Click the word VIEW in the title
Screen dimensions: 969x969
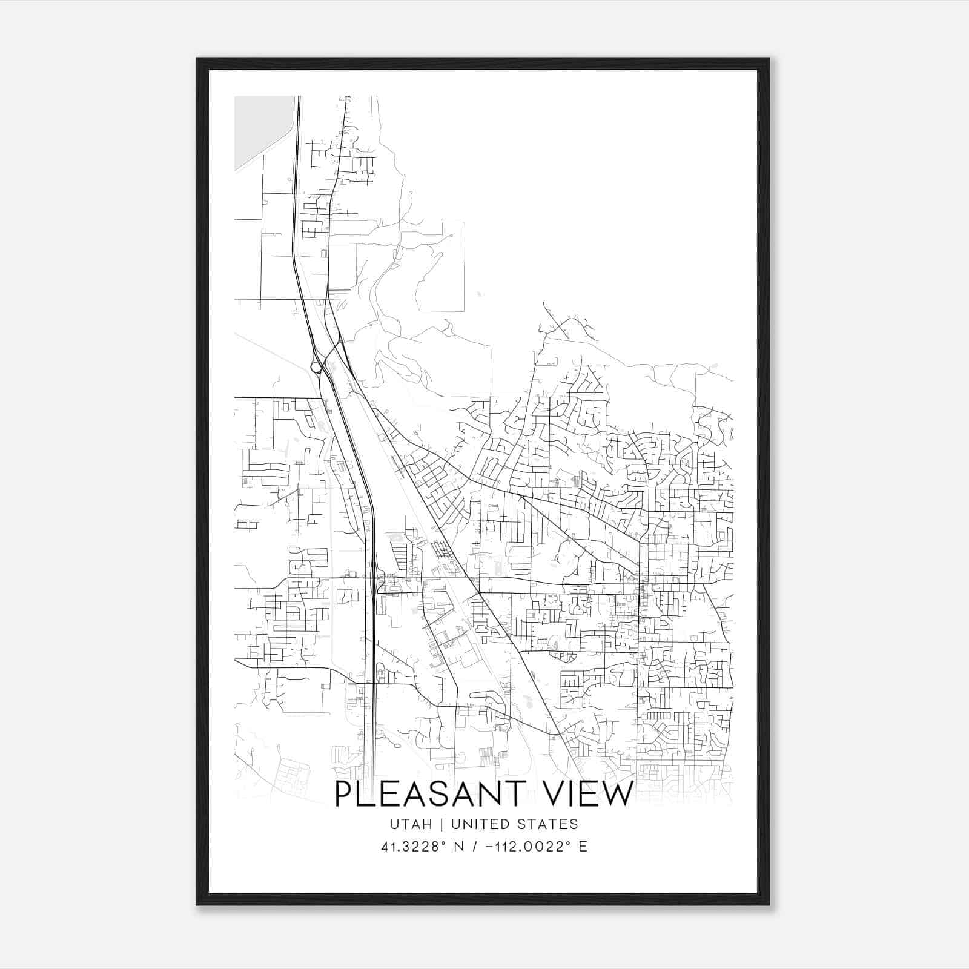(x=591, y=794)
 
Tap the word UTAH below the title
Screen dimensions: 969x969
(x=411, y=824)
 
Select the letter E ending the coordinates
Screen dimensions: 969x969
(x=583, y=847)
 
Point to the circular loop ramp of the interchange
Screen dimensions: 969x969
(x=316, y=366)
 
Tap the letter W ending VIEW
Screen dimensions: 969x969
(x=619, y=794)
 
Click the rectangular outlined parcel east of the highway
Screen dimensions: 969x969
(x=441, y=266)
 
